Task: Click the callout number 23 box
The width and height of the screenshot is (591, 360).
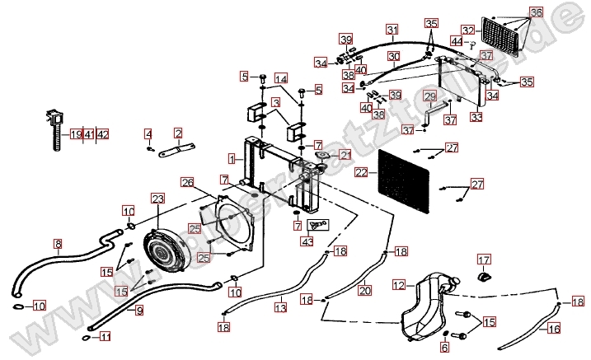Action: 158,199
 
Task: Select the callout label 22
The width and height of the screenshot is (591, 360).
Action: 361,174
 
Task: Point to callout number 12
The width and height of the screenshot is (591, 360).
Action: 398,286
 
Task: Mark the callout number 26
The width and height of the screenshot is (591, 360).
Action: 187,182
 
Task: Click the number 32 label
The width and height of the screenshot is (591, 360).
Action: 490,29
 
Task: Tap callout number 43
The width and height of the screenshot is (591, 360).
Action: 307,241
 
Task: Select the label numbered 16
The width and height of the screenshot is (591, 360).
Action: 554,329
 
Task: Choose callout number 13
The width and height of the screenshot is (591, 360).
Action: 280,308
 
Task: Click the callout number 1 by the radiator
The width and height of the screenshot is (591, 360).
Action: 233,157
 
